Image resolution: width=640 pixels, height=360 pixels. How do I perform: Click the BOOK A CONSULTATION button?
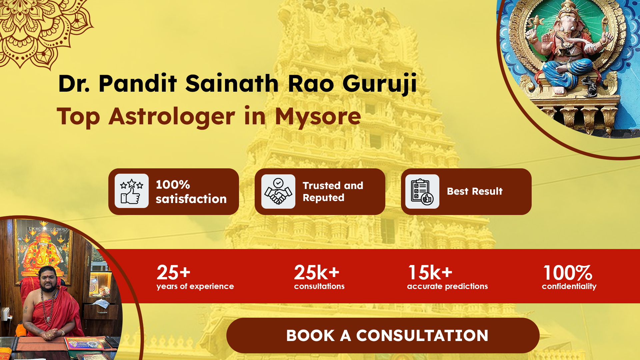[383, 335]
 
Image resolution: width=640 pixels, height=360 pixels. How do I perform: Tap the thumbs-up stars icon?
[132, 191]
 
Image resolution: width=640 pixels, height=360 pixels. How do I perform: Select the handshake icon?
[278, 191]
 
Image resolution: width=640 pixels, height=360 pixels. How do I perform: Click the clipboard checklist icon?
[422, 191]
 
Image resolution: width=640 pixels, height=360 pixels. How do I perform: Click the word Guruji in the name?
[380, 83]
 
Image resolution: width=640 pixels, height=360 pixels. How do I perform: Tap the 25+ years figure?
[173, 273]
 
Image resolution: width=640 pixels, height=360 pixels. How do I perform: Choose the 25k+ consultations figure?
[316, 273]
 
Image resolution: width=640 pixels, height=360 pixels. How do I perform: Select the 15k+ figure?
[430, 273]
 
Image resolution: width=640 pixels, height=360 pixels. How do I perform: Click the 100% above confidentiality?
[568, 273]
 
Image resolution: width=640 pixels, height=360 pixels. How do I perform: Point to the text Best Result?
[475, 191]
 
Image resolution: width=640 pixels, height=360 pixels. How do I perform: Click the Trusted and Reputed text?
[333, 192]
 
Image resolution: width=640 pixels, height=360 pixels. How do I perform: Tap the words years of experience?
[195, 286]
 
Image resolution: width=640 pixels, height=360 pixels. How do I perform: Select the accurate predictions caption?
[447, 286]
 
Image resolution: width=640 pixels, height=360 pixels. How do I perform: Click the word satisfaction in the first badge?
[191, 199]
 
